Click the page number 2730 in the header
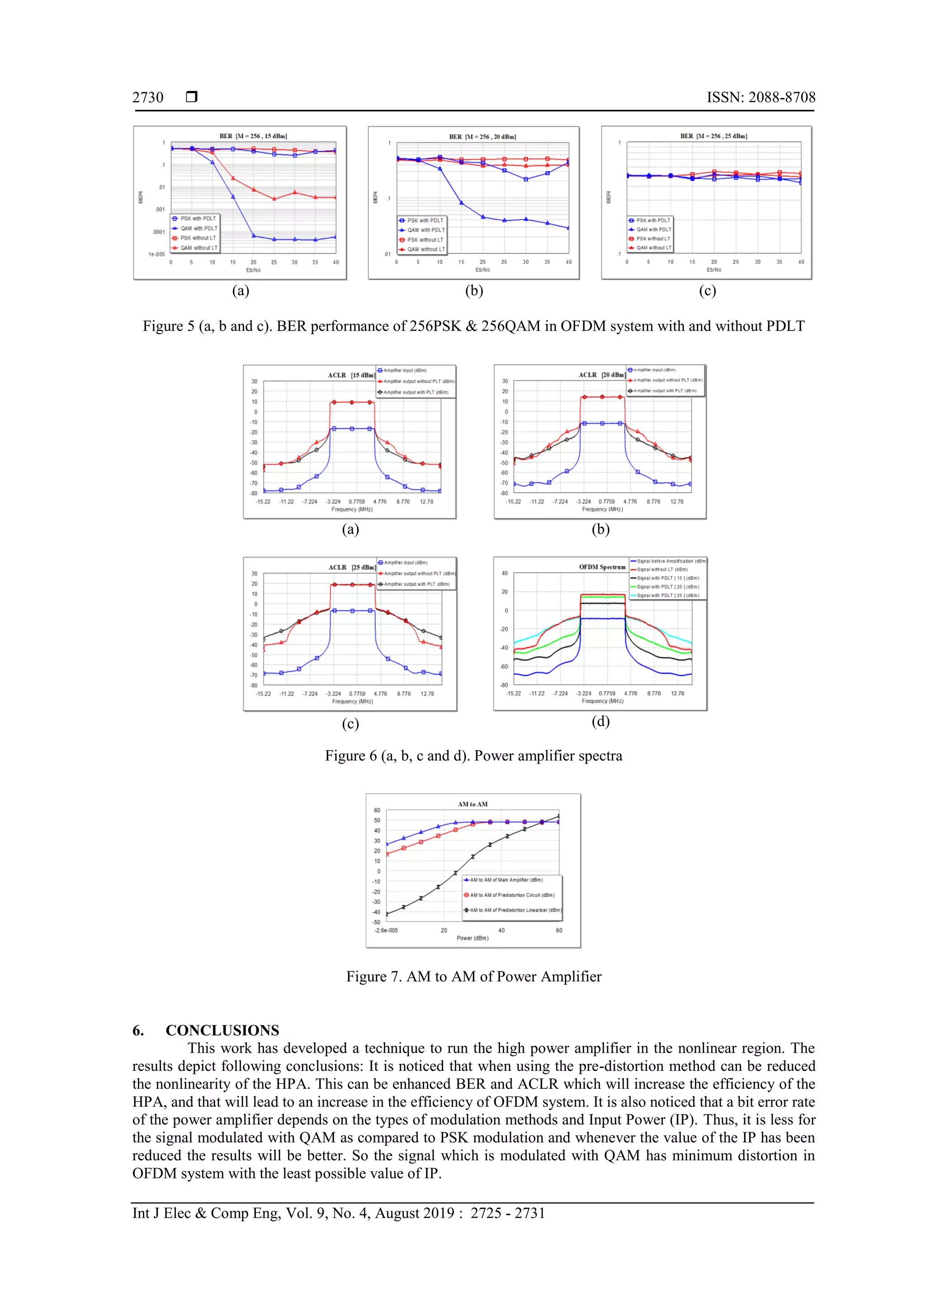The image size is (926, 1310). [148, 98]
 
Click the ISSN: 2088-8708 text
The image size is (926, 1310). [761, 98]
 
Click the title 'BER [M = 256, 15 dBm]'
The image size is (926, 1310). [253, 137]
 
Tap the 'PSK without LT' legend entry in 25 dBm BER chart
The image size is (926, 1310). [653, 238]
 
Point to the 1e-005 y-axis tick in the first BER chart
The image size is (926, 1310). [156, 255]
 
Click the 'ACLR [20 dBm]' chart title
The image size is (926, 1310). [601, 375]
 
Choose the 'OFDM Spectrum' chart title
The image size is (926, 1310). [602, 567]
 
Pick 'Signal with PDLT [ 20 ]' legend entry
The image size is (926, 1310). [667, 586]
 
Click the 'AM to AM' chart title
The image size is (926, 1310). [472, 804]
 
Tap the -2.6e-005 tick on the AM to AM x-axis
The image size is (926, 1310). [386, 930]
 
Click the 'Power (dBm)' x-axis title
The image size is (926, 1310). [472, 938]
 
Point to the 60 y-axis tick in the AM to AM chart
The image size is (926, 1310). [377, 810]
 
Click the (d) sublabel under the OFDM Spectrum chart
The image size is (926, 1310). [600, 722]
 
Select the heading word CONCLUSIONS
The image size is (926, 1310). [222, 1030]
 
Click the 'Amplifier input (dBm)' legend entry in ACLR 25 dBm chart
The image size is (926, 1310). [405, 563]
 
